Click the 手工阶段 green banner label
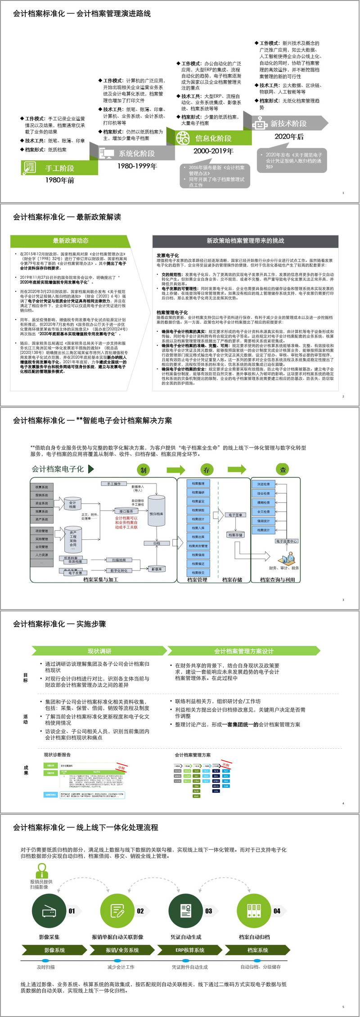60,168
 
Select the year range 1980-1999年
137,166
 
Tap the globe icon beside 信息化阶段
183,138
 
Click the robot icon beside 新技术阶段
260,123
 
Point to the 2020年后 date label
289,136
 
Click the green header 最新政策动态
71,240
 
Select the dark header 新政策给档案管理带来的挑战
245,240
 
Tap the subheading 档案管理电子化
172,312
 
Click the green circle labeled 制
143,470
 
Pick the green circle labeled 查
283,470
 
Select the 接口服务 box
126,511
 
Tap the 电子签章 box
235,515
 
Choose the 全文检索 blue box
264,512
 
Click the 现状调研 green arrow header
99,651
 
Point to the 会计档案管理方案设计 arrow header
243,651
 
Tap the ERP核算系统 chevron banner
190,950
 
